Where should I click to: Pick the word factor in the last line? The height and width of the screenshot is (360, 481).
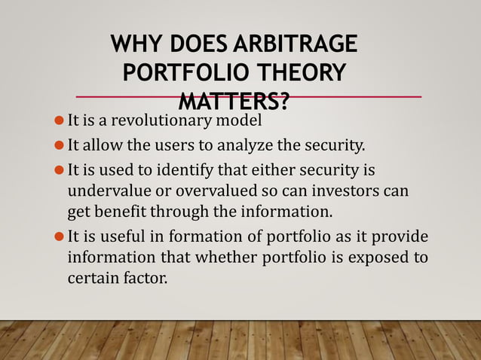(146, 277)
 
